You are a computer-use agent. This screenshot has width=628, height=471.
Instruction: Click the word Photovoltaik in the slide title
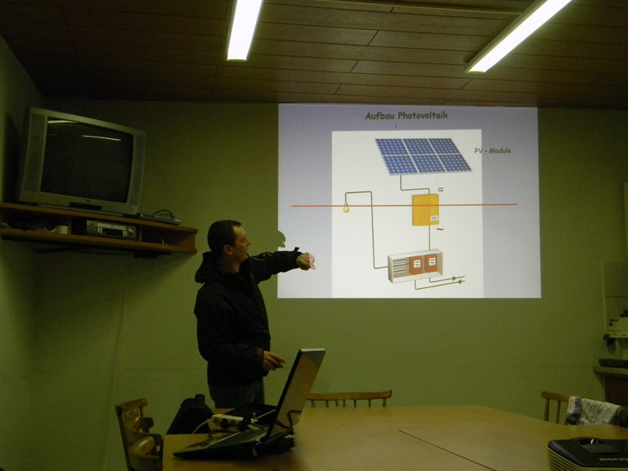tap(423, 115)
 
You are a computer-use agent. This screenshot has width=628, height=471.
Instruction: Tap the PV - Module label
tap(493, 151)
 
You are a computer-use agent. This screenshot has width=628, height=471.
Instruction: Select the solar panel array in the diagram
tap(423, 156)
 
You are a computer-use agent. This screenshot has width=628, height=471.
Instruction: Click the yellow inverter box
tap(425, 210)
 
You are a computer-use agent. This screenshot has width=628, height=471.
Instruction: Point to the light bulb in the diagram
tap(346, 207)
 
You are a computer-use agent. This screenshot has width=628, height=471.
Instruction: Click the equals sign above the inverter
tap(440, 189)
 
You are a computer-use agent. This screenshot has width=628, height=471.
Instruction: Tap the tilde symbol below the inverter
tap(440, 230)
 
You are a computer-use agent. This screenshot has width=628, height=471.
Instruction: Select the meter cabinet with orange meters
tap(415, 265)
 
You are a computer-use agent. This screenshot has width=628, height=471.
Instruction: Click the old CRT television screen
tap(86, 162)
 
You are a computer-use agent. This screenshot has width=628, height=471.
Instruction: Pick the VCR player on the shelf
tap(111, 230)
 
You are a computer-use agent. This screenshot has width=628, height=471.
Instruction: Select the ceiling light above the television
tap(244, 29)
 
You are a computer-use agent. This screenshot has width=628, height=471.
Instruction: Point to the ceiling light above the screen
tap(517, 35)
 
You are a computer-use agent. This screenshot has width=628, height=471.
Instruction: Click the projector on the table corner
tap(588, 455)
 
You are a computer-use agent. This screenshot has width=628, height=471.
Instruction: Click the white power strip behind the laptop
tap(231, 422)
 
